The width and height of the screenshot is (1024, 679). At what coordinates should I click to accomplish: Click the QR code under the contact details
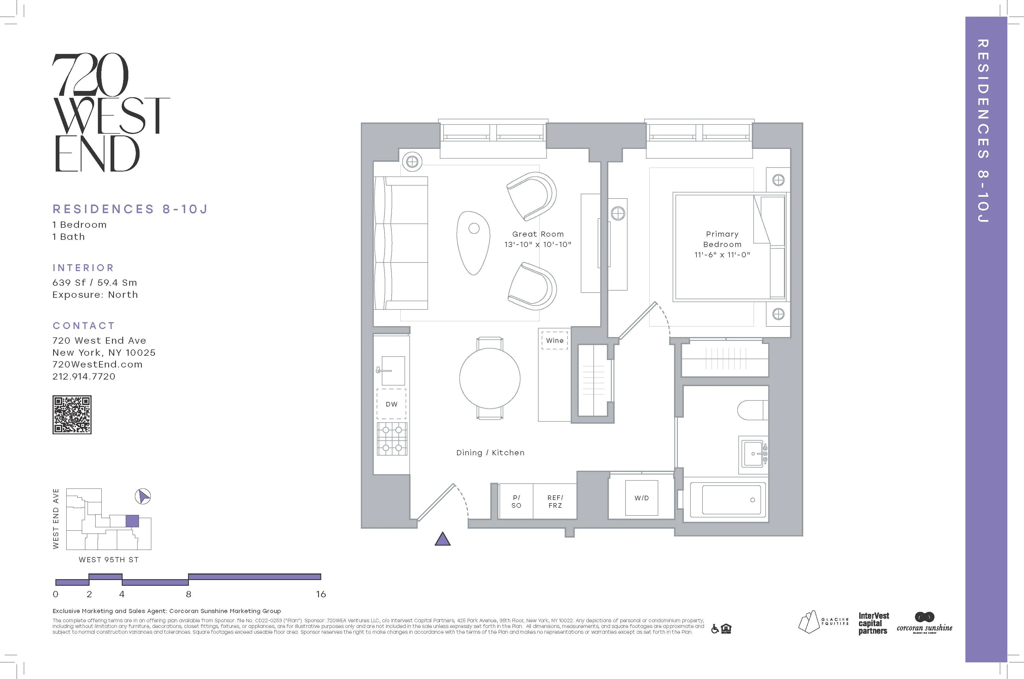click(72, 415)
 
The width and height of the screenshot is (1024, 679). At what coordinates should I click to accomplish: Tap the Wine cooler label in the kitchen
click(554, 341)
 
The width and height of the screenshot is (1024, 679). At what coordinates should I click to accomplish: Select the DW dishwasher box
click(391, 404)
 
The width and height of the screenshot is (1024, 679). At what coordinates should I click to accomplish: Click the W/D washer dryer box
click(641, 498)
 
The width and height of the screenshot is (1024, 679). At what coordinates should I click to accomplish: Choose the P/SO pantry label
click(516, 501)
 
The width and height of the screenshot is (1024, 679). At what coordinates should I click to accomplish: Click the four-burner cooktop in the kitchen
click(392, 439)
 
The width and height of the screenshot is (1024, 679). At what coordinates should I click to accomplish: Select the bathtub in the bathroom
click(731, 499)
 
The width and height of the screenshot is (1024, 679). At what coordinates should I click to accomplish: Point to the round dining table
click(490, 378)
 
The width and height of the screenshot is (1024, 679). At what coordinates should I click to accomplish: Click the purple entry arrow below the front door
click(442, 539)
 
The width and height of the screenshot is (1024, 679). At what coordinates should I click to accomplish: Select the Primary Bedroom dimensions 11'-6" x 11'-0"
click(722, 255)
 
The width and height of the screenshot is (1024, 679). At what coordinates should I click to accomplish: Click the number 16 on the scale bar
click(321, 594)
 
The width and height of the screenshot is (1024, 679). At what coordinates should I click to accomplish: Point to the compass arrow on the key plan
click(143, 496)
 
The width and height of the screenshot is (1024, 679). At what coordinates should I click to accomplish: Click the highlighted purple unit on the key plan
click(132, 521)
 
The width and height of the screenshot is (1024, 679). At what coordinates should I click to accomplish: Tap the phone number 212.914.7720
click(84, 376)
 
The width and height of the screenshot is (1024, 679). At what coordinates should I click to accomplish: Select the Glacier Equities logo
click(822, 622)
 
